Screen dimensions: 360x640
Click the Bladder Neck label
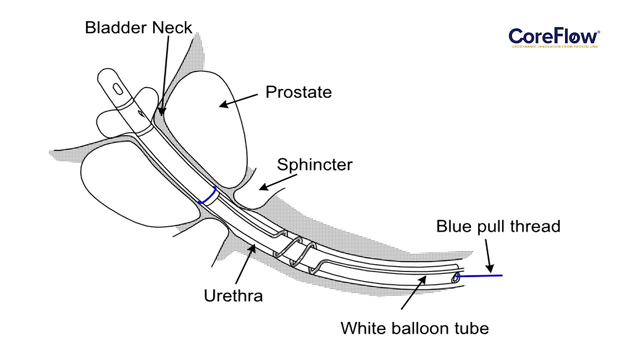[138, 27]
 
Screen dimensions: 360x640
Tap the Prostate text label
[298, 92]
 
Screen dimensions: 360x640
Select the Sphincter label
[314, 164]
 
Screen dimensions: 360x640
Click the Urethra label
[233, 295]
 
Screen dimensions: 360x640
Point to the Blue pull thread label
[498, 226]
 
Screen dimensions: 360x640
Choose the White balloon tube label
[414, 328]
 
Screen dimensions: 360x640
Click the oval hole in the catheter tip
[117, 88]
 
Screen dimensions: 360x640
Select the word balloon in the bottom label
[417, 328]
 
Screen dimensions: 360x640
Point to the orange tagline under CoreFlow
[554, 46]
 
